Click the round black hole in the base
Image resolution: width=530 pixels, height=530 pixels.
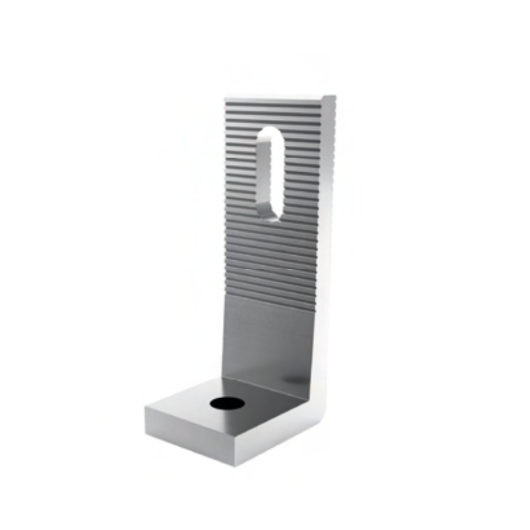(x=226, y=403)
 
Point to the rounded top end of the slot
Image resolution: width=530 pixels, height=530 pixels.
(x=272, y=131)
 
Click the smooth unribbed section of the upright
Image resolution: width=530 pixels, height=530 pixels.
(x=265, y=338)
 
